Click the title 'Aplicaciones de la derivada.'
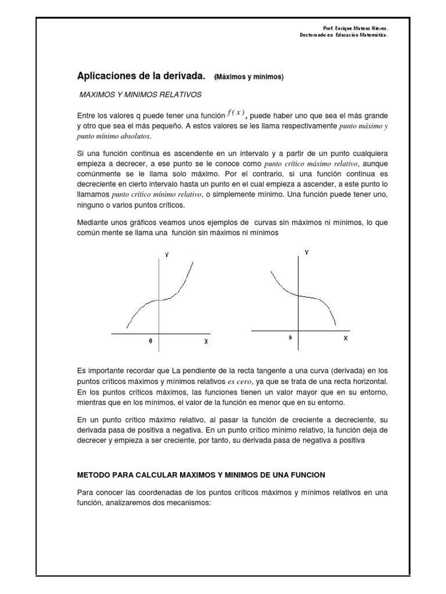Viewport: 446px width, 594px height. click(x=142, y=76)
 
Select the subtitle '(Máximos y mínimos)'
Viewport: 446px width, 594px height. click(x=249, y=77)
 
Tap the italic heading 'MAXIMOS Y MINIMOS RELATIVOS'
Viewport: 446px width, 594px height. click(x=140, y=94)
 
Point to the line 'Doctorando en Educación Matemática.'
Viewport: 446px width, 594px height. click(x=340, y=35)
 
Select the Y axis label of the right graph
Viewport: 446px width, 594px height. click(x=306, y=252)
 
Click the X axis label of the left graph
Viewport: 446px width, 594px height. click(x=206, y=342)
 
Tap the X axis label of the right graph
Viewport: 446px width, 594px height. click(x=346, y=338)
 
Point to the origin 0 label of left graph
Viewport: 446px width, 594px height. click(x=150, y=342)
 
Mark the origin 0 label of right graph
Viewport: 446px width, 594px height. click(x=290, y=338)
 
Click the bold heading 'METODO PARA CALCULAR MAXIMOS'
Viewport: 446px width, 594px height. click(x=201, y=475)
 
